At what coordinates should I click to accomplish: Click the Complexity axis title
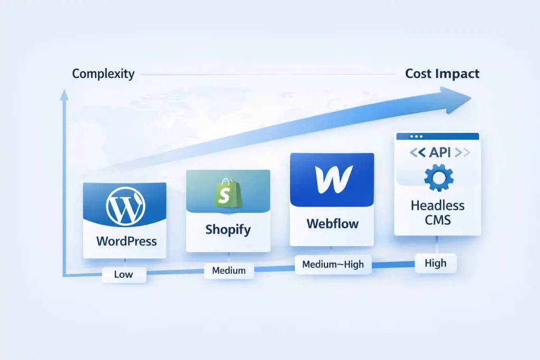click(103, 74)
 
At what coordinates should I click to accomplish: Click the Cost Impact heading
click(442, 74)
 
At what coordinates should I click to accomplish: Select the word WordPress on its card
click(127, 242)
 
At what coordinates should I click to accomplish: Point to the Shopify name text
click(228, 230)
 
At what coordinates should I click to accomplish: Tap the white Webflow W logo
click(332, 180)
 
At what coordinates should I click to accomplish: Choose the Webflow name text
click(332, 223)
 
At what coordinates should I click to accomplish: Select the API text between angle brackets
click(437, 153)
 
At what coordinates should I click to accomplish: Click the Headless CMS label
click(438, 212)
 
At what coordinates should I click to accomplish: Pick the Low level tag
click(123, 274)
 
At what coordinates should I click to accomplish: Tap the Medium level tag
click(229, 270)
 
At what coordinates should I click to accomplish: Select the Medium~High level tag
click(333, 264)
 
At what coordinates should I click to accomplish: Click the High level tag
click(435, 262)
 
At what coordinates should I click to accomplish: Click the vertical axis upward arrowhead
click(64, 94)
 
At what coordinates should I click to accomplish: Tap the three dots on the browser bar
click(408, 136)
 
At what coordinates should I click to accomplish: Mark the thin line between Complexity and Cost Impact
click(269, 75)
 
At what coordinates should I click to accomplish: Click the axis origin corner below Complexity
click(64, 275)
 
